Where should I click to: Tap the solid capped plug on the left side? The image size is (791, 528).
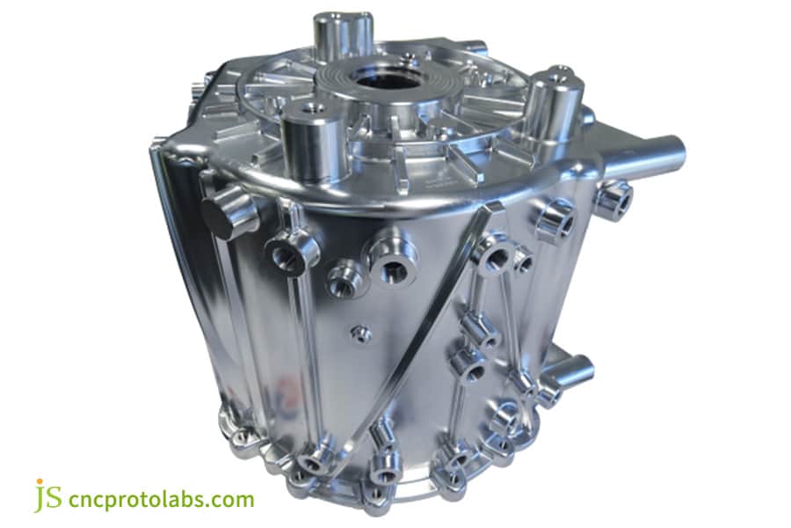(228, 215)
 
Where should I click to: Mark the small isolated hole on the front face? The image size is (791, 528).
(359, 333)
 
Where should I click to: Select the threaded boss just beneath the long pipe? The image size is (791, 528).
(613, 199)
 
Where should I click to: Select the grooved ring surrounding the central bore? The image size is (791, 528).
(413, 88)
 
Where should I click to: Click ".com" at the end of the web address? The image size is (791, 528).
(229, 501)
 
